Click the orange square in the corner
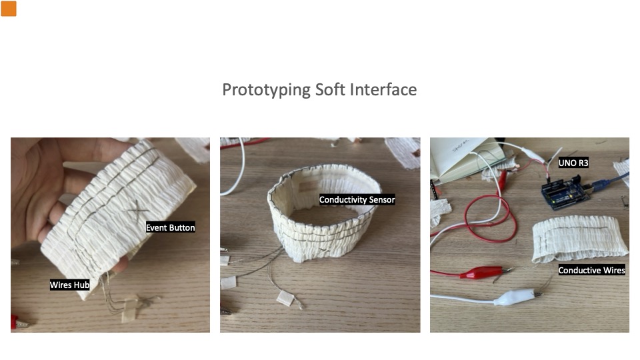pyautogui.click(x=9, y=9)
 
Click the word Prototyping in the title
pyautogui.click(x=266, y=90)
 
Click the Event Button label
pyautogui.click(x=170, y=227)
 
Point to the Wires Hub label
pyautogui.click(x=69, y=285)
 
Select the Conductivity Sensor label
pyautogui.click(x=357, y=199)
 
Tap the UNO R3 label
pyautogui.click(x=573, y=163)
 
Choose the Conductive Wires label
pyautogui.click(x=591, y=270)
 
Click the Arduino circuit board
pyautogui.click(x=565, y=192)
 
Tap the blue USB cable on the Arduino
pyautogui.click(x=608, y=181)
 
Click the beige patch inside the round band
pyautogui.click(x=308, y=186)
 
